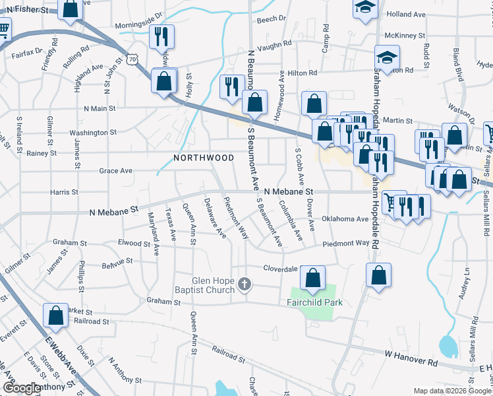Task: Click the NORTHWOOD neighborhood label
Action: (204, 158)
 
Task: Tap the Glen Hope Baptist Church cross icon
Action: (245, 285)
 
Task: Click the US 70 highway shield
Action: (133, 59)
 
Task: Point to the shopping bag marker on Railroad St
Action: (55, 315)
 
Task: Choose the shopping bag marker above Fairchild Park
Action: (313, 277)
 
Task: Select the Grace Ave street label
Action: (115, 170)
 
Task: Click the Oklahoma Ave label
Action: (345, 218)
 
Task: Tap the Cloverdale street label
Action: (281, 269)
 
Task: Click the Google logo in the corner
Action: (22, 389)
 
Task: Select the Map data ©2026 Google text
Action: (452, 391)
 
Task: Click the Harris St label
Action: (64, 192)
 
